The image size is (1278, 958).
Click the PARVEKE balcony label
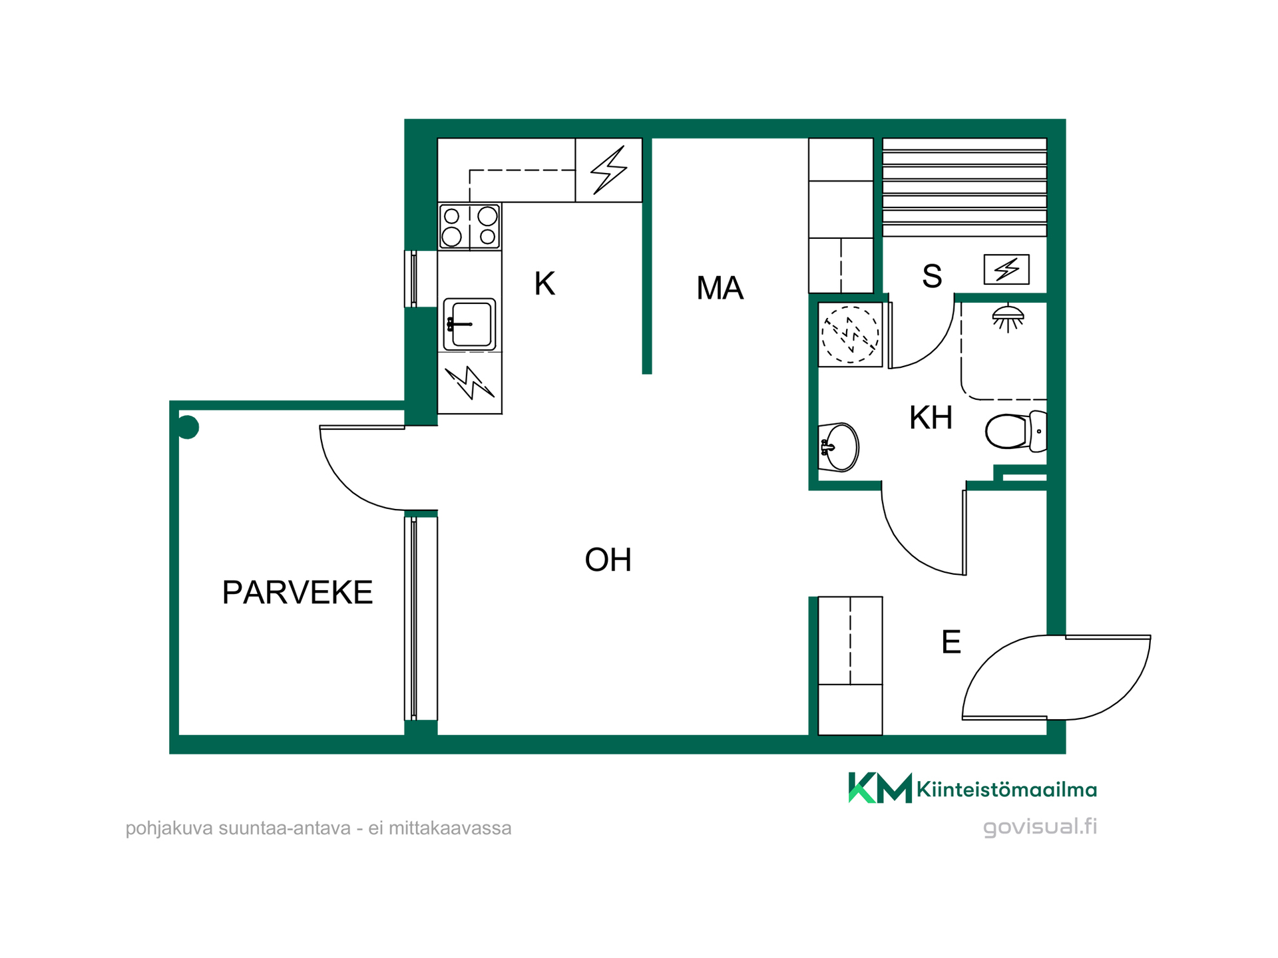point(298,592)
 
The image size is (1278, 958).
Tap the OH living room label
point(608,559)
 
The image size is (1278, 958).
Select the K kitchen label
point(544,283)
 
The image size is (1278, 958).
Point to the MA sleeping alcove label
point(720,288)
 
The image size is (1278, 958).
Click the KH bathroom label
point(931,418)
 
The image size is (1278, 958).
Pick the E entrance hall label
point(951,642)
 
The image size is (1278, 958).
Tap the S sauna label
point(932,276)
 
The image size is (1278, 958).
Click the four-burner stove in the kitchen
point(469,227)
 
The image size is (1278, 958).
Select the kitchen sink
point(469,324)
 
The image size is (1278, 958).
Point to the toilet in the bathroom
point(1016,431)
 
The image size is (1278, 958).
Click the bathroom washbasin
point(838,447)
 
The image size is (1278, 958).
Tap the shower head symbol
point(1008,318)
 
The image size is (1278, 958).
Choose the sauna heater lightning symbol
point(1006,269)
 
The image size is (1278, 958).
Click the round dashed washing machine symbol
point(850,335)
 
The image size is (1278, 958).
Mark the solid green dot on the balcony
point(188,427)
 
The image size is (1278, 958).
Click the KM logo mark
point(879,788)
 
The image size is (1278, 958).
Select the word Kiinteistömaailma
point(1006,790)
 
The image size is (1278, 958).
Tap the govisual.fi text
point(1040,827)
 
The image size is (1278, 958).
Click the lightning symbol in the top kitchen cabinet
point(609,170)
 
